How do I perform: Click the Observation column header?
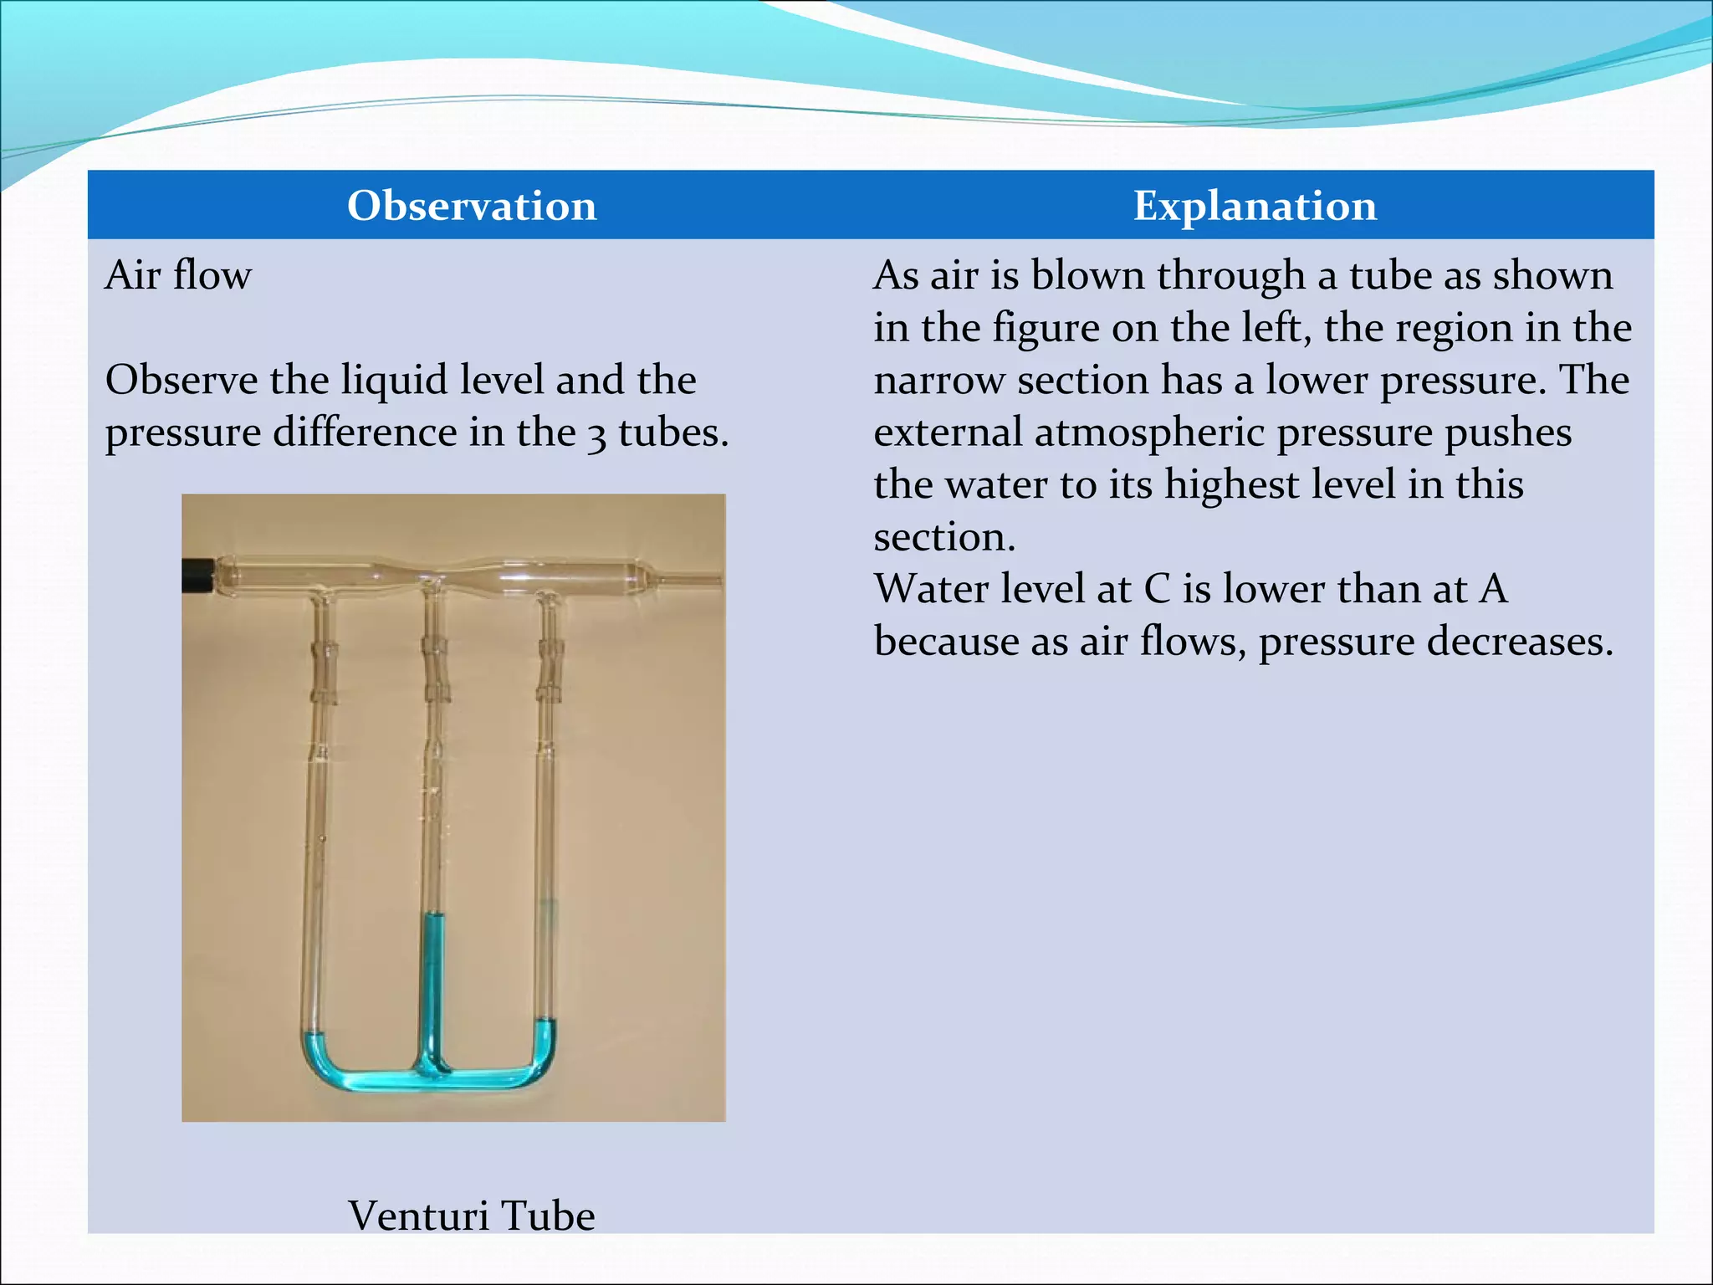point(472,206)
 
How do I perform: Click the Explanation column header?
point(1254,206)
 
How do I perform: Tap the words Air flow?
point(178,275)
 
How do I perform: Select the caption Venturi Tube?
point(471,1215)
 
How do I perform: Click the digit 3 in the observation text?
point(596,435)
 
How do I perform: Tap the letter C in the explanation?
point(1157,589)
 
